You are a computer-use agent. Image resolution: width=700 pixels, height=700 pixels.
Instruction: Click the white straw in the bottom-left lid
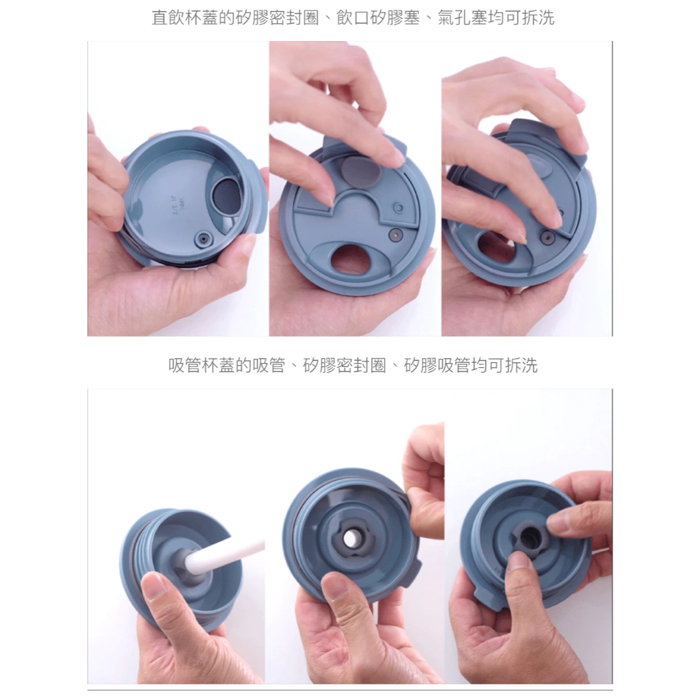[x=224, y=554]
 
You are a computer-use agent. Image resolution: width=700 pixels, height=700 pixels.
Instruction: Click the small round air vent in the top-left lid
[x=204, y=239]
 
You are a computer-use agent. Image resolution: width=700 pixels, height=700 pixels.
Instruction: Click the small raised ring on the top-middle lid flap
[x=399, y=208]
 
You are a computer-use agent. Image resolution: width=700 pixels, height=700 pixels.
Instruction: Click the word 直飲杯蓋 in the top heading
[x=185, y=17]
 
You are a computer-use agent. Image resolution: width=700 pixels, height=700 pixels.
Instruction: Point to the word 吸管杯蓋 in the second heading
[x=202, y=365]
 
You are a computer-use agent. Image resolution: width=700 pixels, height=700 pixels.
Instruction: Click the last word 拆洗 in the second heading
[x=522, y=365]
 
